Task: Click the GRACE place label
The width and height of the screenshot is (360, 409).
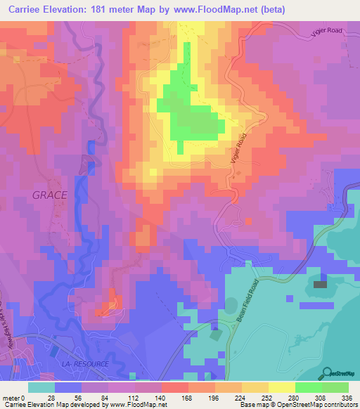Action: coord(49,195)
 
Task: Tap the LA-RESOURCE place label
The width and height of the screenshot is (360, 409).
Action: coord(86,364)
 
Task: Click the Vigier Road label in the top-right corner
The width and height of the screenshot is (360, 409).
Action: coord(328,30)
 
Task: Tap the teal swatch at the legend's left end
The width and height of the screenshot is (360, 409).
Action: coord(41,387)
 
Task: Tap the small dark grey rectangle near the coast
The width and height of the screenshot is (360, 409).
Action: coord(320,284)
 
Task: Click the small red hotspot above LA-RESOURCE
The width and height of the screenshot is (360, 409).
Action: coord(111,304)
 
